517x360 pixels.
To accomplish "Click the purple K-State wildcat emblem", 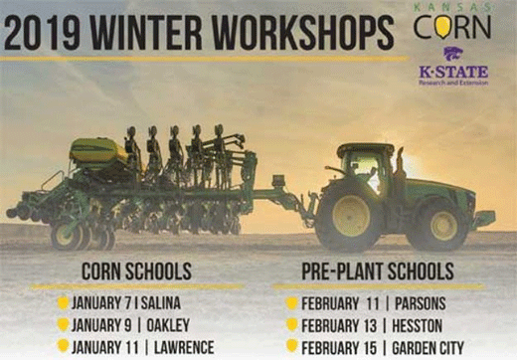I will pyautogui.click(x=453, y=54).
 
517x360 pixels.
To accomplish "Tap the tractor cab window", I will pyautogui.click(x=366, y=164).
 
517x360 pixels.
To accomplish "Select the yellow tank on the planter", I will pyautogui.click(x=97, y=151).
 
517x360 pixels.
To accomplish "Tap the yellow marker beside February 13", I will pyautogui.click(x=291, y=324).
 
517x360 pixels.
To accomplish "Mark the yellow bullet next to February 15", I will pyautogui.click(x=291, y=345).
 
